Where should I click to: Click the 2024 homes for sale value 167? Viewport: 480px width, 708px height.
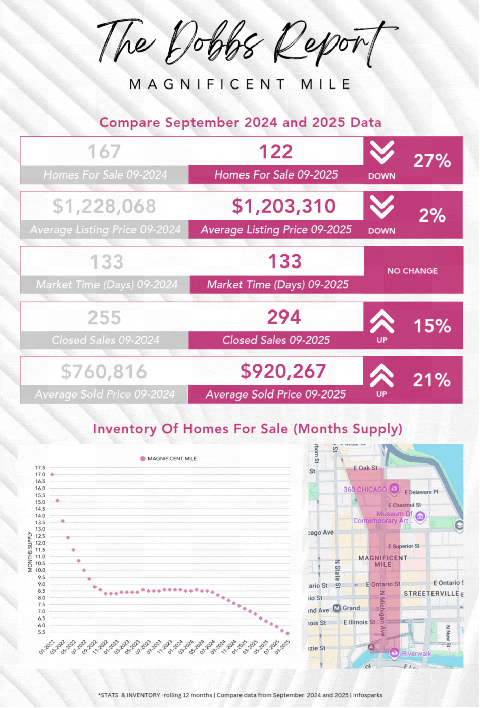tap(104, 152)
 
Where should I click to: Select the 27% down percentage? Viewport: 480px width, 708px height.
tap(432, 161)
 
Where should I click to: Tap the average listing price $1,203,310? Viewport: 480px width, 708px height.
tap(283, 206)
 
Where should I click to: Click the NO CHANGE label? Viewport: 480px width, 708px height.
tap(412, 271)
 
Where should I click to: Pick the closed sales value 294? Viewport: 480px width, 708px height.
tap(284, 318)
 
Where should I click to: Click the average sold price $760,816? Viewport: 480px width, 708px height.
tap(104, 372)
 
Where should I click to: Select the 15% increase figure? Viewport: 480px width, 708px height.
tap(432, 326)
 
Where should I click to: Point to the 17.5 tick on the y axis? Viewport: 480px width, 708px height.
tap(40, 468)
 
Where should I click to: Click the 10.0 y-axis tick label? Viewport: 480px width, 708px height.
tap(40, 570)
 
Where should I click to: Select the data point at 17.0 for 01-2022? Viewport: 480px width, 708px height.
tap(52, 474)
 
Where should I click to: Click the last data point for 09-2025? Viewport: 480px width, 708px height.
tap(287, 633)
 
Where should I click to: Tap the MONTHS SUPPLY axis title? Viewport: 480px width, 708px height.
tap(30, 552)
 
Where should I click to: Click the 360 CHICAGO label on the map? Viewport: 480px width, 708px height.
tap(365, 490)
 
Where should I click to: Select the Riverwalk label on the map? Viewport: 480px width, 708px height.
tap(416, 653)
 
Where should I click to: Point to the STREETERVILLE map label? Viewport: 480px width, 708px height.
tap(431, 593)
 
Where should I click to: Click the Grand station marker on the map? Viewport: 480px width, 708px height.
tap(337, 608)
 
